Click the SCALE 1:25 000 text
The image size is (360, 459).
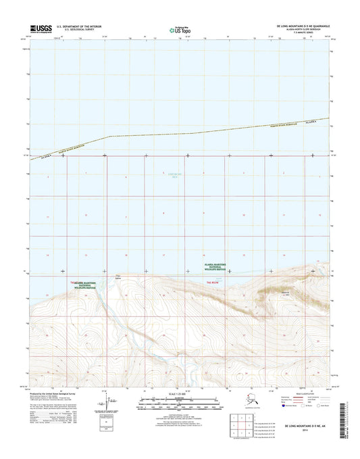[180, 393]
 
